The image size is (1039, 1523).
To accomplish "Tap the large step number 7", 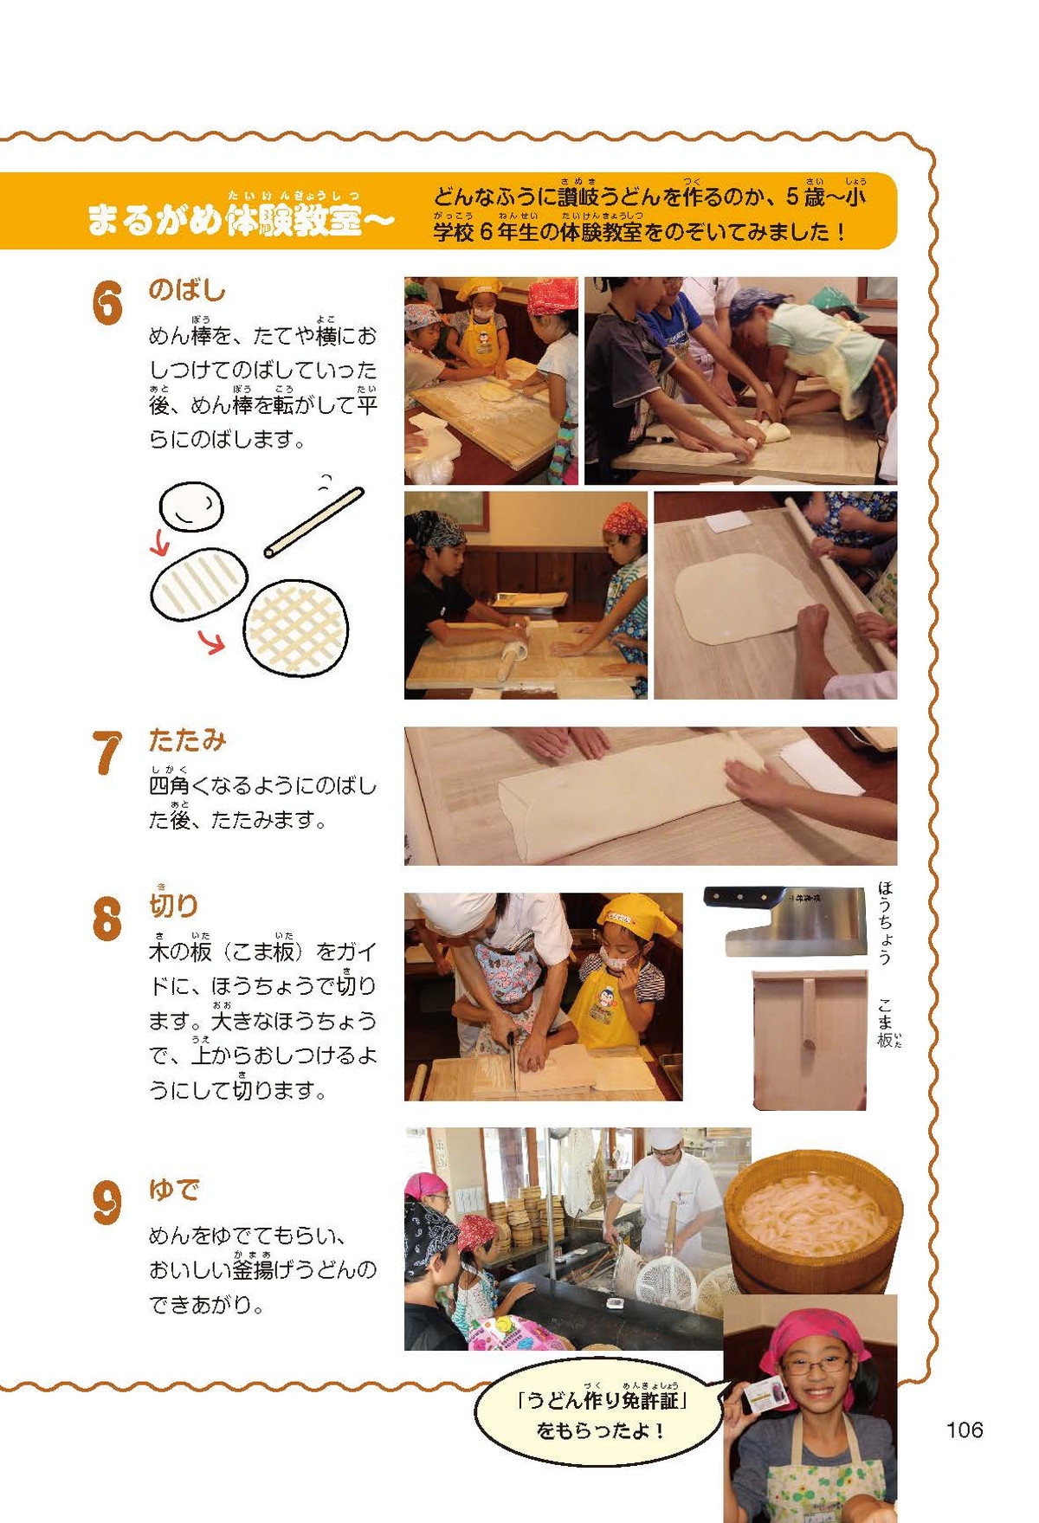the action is pos(106,752).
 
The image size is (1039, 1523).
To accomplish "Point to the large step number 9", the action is pos(106,1204).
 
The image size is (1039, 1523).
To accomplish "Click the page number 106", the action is pos(965,1429).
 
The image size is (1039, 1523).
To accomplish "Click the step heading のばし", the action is pos(187,289).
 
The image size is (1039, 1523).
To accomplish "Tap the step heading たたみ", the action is pos(188,739).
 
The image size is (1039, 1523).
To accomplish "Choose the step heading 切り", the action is pos(174,905).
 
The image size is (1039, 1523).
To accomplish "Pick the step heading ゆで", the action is pos(174,1190).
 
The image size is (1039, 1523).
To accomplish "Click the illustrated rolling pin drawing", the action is pos(313,523).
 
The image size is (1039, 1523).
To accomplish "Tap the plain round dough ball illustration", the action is pos(191,507).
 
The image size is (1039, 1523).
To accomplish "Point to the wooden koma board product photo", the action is pos(810,1040).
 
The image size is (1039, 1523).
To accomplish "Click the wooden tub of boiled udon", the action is pos(813,1220).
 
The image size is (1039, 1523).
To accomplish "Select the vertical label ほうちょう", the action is pos(885,922).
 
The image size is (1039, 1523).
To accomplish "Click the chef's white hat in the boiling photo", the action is pos(666,1138).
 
